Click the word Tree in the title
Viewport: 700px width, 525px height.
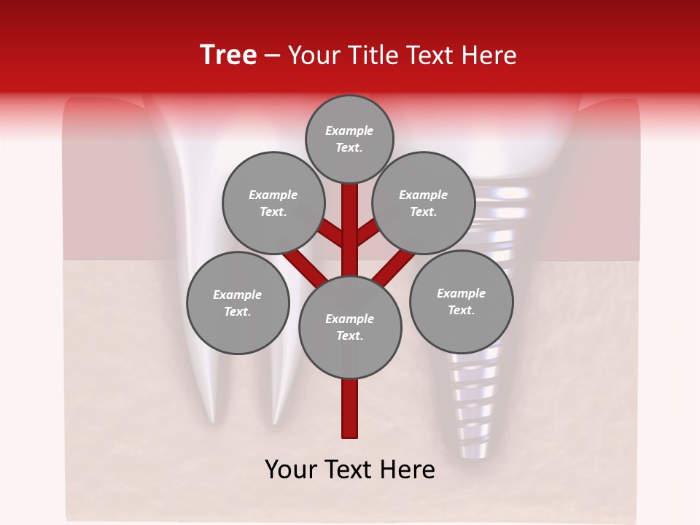(228, 55)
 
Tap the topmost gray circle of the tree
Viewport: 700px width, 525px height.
(349, 139)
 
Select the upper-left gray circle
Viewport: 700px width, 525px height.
(273, 203)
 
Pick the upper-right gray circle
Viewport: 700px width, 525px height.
(424, 203)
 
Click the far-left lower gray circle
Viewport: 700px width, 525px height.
(238, 303)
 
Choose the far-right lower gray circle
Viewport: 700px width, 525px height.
(461, 301)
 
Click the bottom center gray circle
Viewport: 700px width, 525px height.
(350, 327)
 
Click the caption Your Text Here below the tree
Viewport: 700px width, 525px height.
(350, 470)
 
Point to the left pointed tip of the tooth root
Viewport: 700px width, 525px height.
(212, 417)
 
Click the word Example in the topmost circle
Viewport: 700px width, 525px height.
(349, 131)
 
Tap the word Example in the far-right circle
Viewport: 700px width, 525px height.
(461, 293)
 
